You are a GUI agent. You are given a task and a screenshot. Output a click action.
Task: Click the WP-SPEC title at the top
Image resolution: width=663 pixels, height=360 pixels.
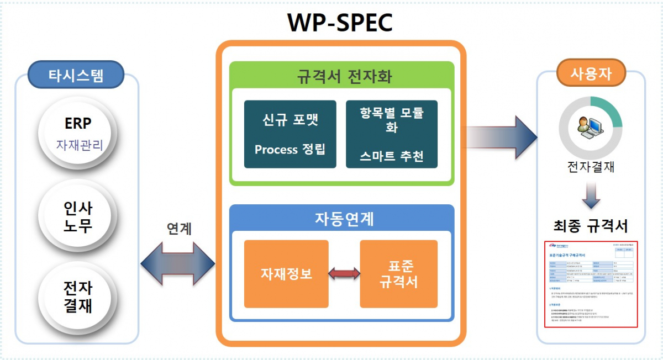coord(340,23)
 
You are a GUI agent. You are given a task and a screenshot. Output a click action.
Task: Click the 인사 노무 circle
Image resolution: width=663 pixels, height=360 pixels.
coord(78,217)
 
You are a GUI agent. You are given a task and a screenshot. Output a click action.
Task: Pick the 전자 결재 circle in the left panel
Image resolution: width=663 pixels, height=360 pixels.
coord(78,297)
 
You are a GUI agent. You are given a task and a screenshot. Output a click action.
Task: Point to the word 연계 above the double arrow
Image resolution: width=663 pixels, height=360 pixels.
coord(179,229)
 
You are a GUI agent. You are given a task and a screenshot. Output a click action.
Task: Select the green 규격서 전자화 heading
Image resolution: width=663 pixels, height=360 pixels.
coord(341,76)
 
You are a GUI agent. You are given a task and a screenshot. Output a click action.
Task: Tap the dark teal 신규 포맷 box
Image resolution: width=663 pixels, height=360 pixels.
coord(290,134)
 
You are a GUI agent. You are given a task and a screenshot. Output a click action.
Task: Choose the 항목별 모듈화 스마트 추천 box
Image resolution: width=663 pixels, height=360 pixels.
coord(392,134)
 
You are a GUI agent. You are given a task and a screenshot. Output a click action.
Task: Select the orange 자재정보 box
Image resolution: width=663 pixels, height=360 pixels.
coord(286,274)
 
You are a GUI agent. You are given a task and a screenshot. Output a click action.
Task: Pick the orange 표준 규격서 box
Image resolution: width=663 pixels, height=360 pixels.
coord(398,274)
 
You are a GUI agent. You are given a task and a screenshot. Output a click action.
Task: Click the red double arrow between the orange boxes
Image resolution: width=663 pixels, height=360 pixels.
coord(344,273)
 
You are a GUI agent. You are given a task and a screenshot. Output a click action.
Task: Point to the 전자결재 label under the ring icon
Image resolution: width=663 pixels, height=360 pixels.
coord(590,167)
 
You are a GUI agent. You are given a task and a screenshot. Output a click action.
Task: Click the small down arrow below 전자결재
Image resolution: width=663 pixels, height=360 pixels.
coord(591,194)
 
